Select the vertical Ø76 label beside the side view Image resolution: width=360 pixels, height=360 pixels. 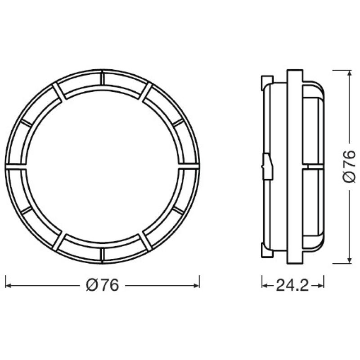tap(349, 166)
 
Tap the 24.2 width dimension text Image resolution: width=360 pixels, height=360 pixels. tap(292, 285)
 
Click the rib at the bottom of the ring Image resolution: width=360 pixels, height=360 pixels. tap(103, 254)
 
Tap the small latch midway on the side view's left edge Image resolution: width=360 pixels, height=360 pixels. tap(267, 166)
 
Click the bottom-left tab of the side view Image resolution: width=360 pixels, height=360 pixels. tap(265, 250)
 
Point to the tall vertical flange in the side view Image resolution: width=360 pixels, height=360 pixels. tap(294, 166)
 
